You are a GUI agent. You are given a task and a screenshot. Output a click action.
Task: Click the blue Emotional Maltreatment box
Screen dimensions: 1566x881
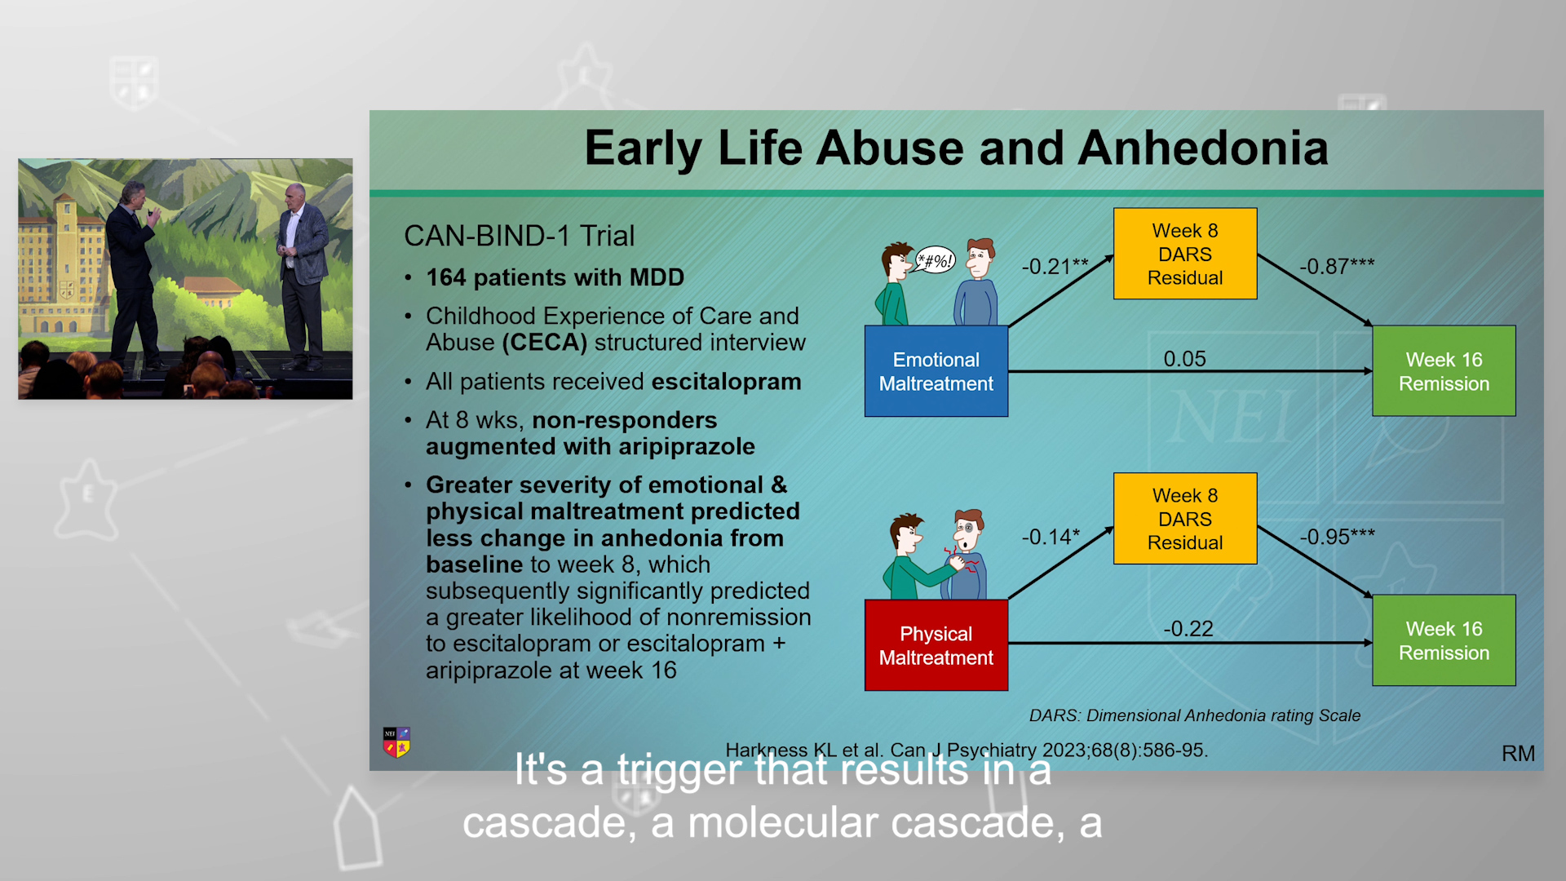pyautogui.click(x=936, y=371)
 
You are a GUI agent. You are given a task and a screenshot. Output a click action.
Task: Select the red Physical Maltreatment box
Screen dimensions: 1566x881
pyautogui.click(x=936, y=645)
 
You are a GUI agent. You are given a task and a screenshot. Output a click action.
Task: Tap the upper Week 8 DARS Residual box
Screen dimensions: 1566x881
pyautogui.click(x=1185, y=254)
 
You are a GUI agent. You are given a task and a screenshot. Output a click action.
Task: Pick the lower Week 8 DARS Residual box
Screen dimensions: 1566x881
pyautogui.click(x=1185, y=519)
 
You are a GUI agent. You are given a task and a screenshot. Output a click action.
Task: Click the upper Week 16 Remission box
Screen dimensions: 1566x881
pyautogui.click(x=1444, y=371)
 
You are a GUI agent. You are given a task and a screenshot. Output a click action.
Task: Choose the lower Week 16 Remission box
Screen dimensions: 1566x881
pyautogui.click(x=1444, y=640)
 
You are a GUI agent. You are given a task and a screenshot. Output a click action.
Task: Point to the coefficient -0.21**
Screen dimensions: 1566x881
pyautogui.click(x=1055, y=267)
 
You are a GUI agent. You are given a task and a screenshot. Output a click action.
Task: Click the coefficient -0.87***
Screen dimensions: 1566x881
pyautogui.click(x=1337, y=267)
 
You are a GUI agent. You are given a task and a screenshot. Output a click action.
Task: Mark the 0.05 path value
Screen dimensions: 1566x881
pyautogui.click(x=1184, y=359)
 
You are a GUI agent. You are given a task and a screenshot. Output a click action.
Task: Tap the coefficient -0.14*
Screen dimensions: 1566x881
pyautogui.click(x=1051, y=537)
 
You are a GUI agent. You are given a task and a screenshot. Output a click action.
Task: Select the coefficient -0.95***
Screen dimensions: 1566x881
pyautogui.click(x=1337, y=537)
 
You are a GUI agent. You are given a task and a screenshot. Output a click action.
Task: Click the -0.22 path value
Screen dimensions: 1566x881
pyautogui.click(x=1188, y=629)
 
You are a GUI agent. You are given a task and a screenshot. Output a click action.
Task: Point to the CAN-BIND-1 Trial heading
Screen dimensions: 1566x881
pyautogui.click(x=519, y=236)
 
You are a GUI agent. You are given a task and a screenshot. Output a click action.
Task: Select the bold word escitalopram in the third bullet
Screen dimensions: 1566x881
pyautogui.click(x=726, y=382)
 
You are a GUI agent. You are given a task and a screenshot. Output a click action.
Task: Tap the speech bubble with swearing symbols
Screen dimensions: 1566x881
pyautogui.click(x=935, y=260)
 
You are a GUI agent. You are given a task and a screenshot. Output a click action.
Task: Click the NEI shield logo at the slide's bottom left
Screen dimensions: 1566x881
pyautogui.click(x=396, y=742)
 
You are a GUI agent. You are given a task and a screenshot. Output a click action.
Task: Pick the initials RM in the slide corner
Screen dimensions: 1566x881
pyautogui.click(x=1518, y=754)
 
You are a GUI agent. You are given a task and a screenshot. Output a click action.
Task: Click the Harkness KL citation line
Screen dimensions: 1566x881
pyautogui.click(x=967, y=750)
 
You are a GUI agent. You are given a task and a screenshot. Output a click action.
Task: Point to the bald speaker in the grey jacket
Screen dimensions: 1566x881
pyautogui.click(x=302, y=277)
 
